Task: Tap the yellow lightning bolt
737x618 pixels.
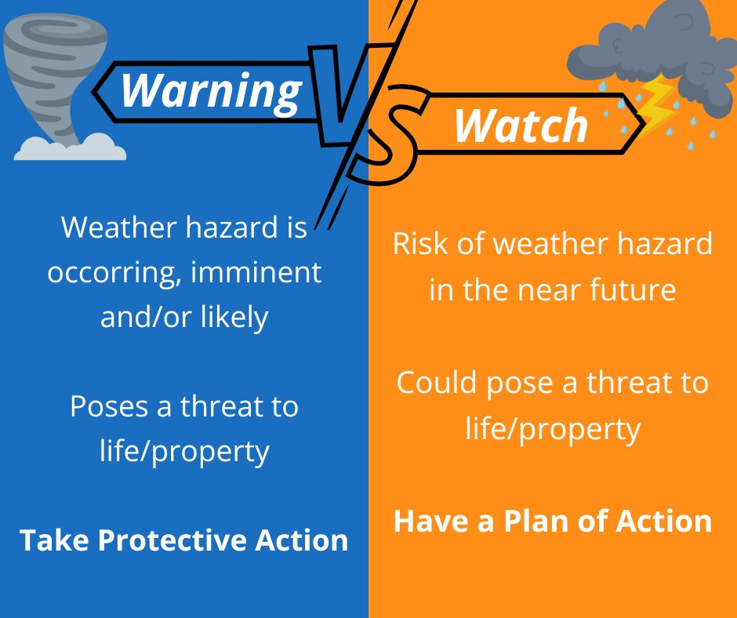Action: pos(658,111)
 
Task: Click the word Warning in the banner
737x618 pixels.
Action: pos(211,90)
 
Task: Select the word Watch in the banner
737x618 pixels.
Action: pos(521,125)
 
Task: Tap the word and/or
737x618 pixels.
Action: pos(139,318)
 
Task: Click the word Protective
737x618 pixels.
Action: pos(180,540)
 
